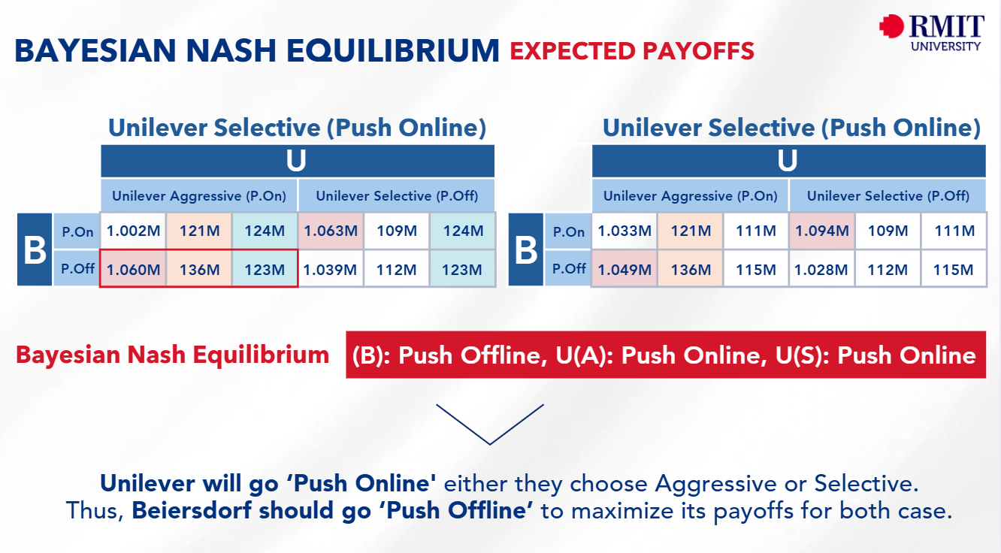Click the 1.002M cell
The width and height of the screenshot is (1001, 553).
pyautogui.click(x=133, y=231)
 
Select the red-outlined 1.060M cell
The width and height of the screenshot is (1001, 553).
pyautogui.click(x=133, y=269)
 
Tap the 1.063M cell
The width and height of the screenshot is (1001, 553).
pyautogui.click(x=331, y=231)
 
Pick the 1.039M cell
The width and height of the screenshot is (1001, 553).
pyautogui.click(x=331, y=269)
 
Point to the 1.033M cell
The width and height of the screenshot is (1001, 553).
pyautogui.click(x=624, y=231)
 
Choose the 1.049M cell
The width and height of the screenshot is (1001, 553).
pyautogui.click(x=624, y=269)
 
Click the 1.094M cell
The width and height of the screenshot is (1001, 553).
pyautogui.click(x=822, y=231)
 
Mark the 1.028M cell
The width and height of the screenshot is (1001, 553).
pyautogui.click(x=822, y=269)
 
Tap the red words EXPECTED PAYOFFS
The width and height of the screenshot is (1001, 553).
pyautogui.click(x=632, y=51)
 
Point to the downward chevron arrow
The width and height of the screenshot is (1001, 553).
pyautogui.click(x=489, y=424)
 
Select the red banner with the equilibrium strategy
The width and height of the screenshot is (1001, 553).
pyautogui.click(x=665, y=355)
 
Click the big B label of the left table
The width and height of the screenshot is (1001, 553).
pyautogui.click(x=35, y=250)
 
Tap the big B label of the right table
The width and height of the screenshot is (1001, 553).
pyautogui.click(x=526, y=250)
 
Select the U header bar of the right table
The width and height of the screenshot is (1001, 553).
pyautogui.click(x=788, y=162)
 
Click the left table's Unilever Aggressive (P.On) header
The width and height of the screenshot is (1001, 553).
pyautogui.click(x=199, y=196)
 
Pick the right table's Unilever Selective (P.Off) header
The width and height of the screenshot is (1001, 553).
pyautogui.click(x=888, y=196)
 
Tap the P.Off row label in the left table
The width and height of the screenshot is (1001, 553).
pyautogui.click(x=77, y=269)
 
